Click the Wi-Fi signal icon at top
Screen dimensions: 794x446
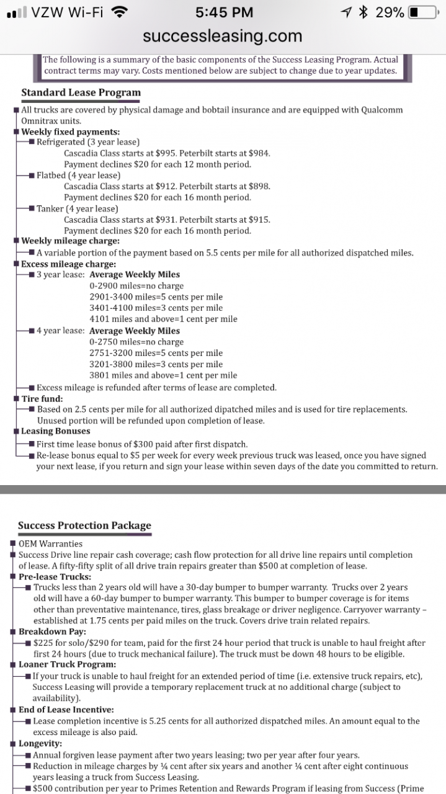[x=120, y=12]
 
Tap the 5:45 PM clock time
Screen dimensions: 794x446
[x=223, y=12]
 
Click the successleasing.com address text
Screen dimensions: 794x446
[x=223, y=36]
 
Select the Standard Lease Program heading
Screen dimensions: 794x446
[x=81, y=92]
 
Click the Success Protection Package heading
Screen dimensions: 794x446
[x=84, y=525]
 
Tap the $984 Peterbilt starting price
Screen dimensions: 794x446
[x=259, y=153]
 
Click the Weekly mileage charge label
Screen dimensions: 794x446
[x=71, y=241]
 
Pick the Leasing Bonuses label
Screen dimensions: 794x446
[x=56, y=431]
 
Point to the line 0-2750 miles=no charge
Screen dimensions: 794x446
[x=136, y=342]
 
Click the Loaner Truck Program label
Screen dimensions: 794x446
[x=67, y=664]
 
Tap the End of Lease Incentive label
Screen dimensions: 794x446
[x=66, y=709]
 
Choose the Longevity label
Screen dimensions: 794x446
[x=40, y=743]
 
